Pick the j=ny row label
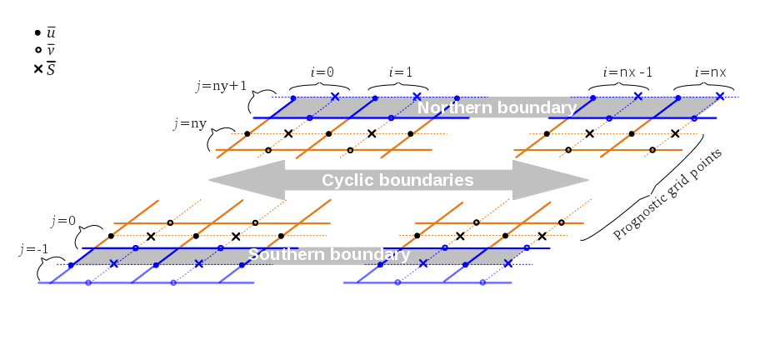[190, 123]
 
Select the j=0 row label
[62, 221]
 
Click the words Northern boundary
[496, 108]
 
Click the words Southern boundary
[328, 254]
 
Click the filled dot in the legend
[37, 32]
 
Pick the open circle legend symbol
[37, 50]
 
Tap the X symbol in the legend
[37, 69]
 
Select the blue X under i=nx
[719, 97]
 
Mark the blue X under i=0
[335, 97]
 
